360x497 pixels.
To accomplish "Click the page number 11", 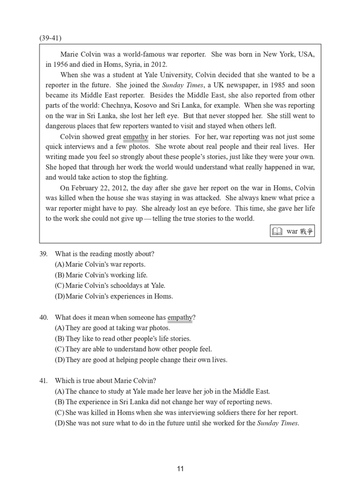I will coord(180,468).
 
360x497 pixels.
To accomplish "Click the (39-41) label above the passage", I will coord(50,38).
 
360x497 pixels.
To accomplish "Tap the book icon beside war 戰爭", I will coord(278,231).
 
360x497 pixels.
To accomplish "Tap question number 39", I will coord(43,253).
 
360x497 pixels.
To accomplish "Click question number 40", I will coord(43,318).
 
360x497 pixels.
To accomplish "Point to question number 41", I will coord(43,381).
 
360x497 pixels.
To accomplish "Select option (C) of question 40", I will coord(133,349).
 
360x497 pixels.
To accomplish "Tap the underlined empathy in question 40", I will coord(180,318).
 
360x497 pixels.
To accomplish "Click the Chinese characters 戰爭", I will coord(306,231).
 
